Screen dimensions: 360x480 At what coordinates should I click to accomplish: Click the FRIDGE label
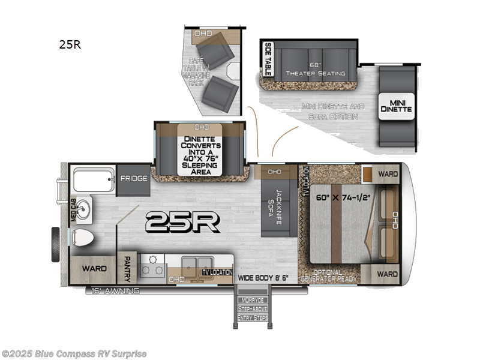click(x=133, y=178)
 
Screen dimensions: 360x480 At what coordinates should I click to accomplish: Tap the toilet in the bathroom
click(x=82, y=236)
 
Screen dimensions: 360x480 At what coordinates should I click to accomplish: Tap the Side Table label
click(x=268, y=58)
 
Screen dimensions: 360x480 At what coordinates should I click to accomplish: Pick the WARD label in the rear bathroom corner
click(x=94, y=268)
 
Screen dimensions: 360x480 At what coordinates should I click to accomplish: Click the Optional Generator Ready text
click(x=329, y=276)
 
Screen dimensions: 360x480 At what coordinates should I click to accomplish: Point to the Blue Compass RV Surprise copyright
click(x=74, y=353)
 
